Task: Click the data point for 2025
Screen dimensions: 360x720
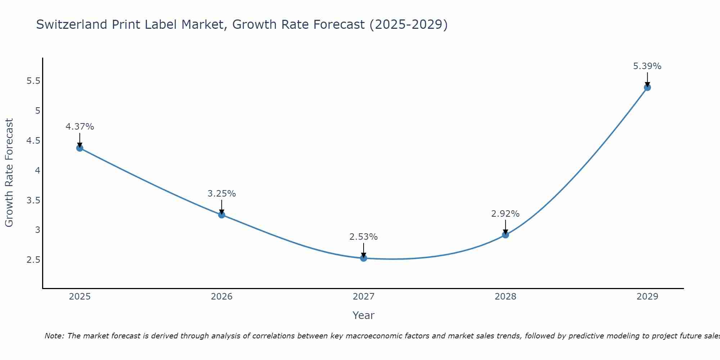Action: tap(80, 148)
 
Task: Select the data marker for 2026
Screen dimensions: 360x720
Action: tap(222, 215)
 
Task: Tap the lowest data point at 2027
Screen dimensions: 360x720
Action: tap(364, 258)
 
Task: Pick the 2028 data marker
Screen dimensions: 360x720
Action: tap(505, 235)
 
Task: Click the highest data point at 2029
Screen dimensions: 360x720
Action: tap(647, 87)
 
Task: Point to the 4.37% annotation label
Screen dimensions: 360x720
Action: tap(80, 127)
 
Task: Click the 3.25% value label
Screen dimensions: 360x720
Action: tap(222, 194)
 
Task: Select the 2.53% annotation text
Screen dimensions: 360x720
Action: tap(364, 237)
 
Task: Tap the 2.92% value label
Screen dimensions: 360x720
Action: tap(505, 214)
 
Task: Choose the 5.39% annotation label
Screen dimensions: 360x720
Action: tap(647, 66)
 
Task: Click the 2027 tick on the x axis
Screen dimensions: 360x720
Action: tap(364, 297)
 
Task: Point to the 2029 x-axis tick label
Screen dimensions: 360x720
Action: tap(647, 297)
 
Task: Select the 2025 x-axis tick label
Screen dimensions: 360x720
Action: tap(80, 297)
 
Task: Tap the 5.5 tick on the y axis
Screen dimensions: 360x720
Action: tap(33, 81)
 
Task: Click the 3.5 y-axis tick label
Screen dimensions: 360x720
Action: tap(33, 201)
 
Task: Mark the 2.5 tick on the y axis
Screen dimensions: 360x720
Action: tap(33, 260)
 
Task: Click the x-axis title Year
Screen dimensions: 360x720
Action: tap(364, 315)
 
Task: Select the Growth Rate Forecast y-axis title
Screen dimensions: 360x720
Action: tap(9, 173)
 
